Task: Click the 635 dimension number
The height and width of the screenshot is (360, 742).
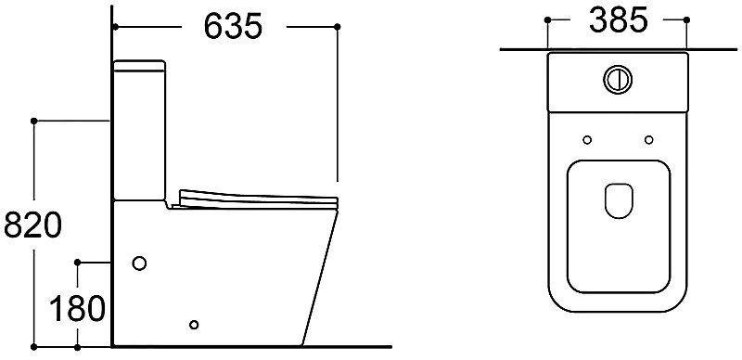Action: coord(233,26)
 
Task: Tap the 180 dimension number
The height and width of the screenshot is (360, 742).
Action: coord(77,308)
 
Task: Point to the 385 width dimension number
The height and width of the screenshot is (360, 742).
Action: coord(619,20)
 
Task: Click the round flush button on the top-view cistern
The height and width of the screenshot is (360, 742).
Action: coord(618,79)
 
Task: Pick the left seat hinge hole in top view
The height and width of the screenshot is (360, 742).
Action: coord(587,140)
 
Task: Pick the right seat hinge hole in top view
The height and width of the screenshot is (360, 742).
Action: coord(648,140)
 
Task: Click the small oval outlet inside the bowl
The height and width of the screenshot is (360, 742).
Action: coord(619,200)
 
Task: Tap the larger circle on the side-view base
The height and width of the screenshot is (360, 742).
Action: coord(139,264)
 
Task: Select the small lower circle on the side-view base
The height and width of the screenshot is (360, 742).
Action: coord(194,325)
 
